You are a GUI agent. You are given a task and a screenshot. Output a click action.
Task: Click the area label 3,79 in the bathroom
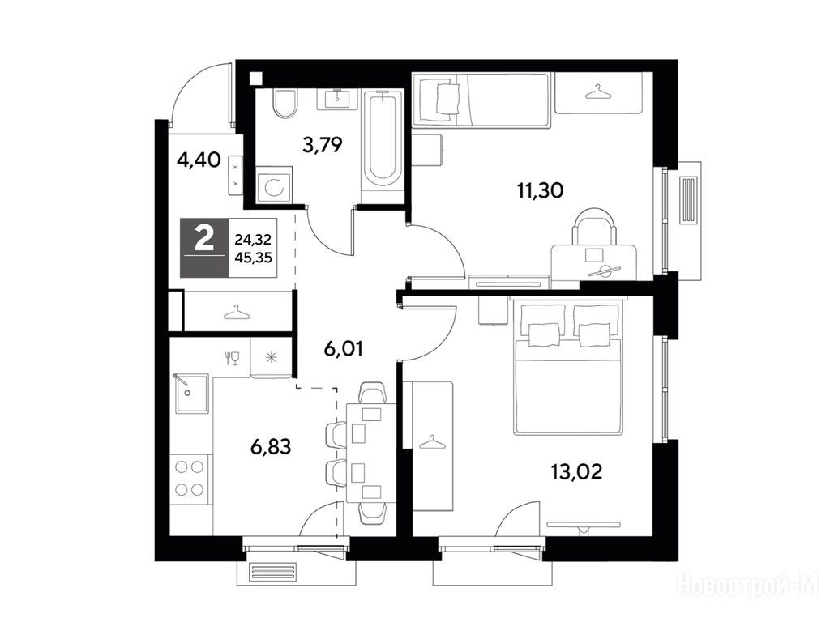pyautogui.click(x=323, y=144)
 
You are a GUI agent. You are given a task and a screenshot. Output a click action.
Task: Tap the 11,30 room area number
pyautogui.click(x=540, y=190)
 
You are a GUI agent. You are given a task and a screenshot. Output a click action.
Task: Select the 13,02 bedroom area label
pyautogui.click(x=576, y=471)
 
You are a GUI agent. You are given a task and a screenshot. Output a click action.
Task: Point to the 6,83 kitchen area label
pyautogui.click(x=271, y=447)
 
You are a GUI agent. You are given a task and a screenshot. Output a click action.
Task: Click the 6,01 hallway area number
pyautogui.click(x=344, y=349)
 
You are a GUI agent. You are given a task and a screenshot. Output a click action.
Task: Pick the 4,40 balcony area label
pyautogui.click(x=199, y=160)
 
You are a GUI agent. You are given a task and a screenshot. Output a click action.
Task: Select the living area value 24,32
pyautogui.click(x=253, y=240)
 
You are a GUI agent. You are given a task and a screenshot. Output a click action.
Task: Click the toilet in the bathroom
pyautogui.click(x=285, y=103)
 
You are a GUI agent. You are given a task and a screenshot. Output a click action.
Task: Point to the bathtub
pyautogui.click(x=383, y=138)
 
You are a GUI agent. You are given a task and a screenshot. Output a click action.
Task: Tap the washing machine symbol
pyautogui.click(x=274, y=185)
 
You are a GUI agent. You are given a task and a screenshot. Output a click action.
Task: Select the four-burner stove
pyautogui.click(x=190, y=478)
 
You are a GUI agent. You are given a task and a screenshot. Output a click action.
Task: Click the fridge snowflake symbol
pyautogui.click(x=272, y=358)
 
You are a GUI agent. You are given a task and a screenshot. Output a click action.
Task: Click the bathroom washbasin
pyautogui.click(x=337, y=100)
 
